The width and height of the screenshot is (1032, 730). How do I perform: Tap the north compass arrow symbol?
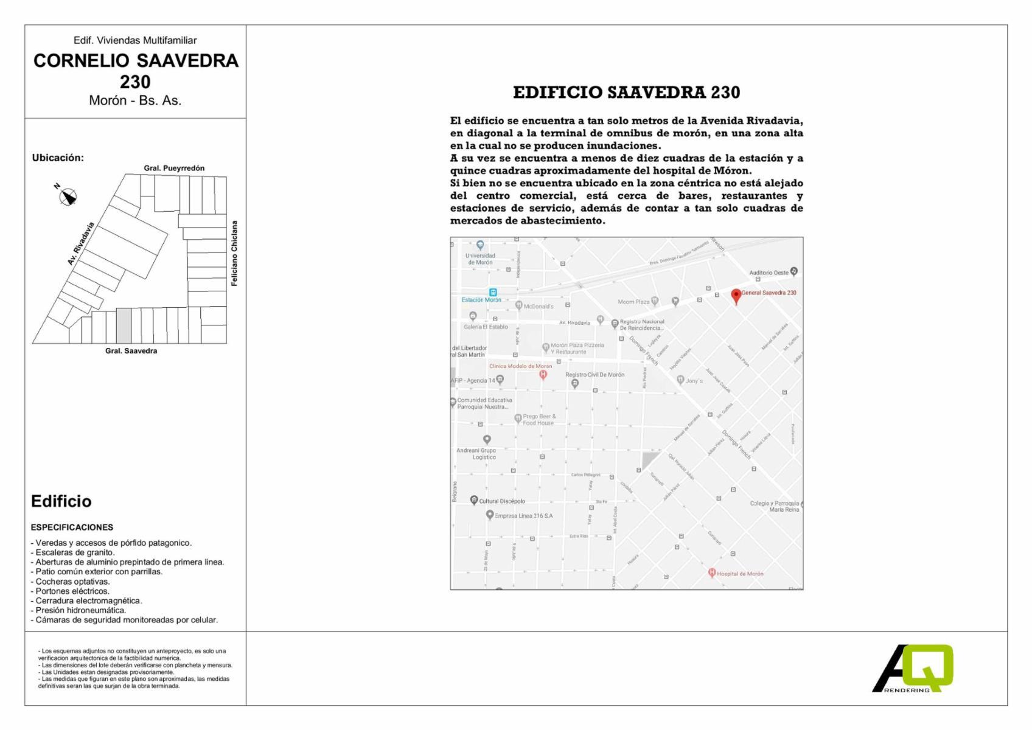68,196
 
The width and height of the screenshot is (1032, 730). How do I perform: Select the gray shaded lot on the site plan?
124,325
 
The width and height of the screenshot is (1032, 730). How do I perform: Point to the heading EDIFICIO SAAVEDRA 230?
626,92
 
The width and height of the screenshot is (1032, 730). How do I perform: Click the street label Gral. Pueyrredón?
174,168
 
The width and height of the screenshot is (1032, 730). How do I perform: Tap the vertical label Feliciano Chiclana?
234,253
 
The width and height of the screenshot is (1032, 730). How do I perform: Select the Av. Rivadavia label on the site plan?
81,243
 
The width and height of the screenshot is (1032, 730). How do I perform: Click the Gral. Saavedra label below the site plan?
131,351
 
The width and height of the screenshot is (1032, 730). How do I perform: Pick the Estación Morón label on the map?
481,300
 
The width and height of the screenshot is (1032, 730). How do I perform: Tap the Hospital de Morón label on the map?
739,574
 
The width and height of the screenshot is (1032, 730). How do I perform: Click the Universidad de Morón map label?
480,259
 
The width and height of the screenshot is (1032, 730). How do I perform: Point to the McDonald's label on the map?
539,307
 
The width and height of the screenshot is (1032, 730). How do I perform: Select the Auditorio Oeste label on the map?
769,273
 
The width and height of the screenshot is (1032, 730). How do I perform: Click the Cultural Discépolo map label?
501,501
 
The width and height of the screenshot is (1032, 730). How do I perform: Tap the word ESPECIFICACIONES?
72,527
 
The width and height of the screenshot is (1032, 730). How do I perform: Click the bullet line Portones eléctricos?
72,591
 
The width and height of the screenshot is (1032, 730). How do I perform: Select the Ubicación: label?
58,158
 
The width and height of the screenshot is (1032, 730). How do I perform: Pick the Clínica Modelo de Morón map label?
520,366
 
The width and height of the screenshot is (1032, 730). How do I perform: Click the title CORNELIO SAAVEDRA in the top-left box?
136,61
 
